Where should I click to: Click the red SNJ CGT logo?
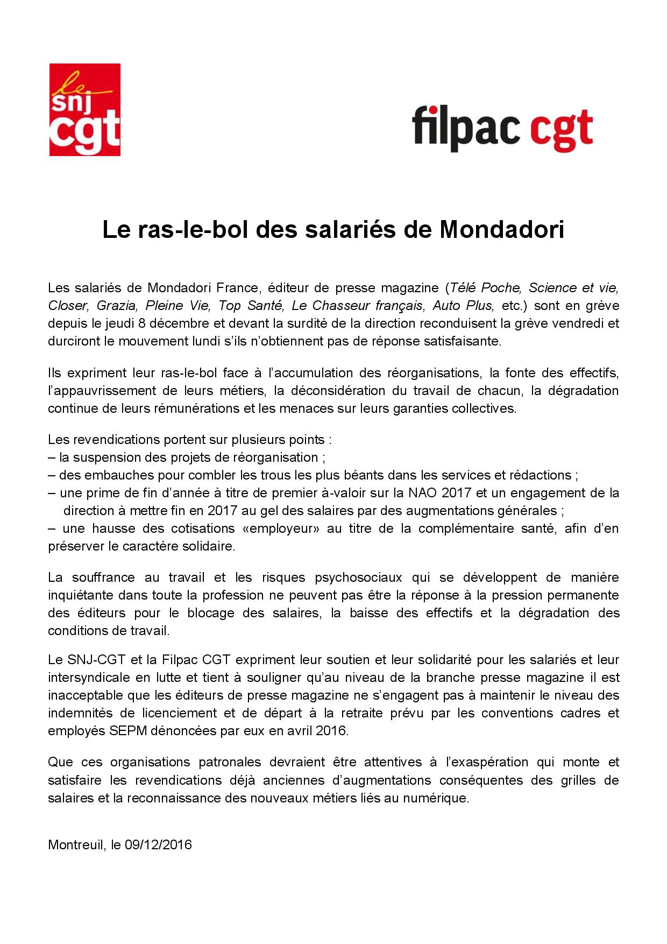84,110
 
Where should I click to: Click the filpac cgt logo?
502,128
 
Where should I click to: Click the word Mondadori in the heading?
502,230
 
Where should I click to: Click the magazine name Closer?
67,306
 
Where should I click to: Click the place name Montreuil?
75,844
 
